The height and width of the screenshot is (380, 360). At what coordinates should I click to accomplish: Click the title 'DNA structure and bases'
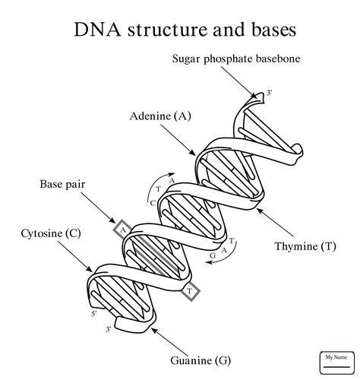185,30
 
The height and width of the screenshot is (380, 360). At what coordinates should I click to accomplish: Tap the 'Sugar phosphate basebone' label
236,59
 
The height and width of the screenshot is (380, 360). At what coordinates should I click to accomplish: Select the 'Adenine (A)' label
160,116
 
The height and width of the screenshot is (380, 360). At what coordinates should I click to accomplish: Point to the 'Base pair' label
62,184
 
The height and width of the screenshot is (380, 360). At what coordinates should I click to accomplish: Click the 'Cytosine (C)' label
51,233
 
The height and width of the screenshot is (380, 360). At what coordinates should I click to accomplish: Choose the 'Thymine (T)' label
305,246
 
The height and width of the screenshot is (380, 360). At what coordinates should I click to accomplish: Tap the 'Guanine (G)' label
201,360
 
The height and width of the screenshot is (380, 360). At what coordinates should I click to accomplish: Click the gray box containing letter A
123,230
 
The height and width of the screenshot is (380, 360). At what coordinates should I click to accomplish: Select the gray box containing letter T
190,291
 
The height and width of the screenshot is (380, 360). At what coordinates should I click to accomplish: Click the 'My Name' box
336,363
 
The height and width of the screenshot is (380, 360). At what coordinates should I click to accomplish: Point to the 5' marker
94,314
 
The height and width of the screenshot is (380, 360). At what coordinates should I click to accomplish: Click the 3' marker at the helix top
269,93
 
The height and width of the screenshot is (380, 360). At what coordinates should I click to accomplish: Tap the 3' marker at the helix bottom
109,329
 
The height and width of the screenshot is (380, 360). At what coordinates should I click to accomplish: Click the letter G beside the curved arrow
213,255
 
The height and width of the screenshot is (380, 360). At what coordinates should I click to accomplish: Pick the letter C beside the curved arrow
153,203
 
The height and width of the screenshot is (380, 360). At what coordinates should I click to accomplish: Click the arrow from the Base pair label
98,207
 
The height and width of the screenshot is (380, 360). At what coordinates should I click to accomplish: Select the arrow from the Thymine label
275,222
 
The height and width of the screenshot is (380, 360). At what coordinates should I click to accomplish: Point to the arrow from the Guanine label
170,341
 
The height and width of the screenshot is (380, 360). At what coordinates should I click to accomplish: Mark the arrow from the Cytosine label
75,256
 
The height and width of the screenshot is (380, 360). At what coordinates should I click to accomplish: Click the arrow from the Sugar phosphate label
239,83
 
